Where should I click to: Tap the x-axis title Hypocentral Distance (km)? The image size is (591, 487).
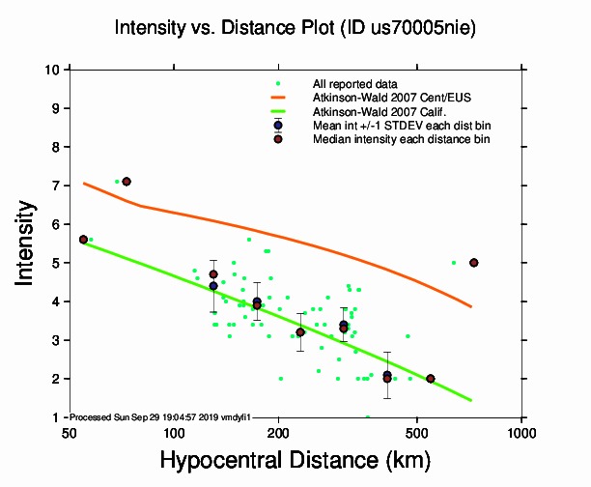tap(295, 462)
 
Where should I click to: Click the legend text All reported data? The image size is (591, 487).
tap(354, 85)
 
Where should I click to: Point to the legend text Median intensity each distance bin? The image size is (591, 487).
tap(401, 139)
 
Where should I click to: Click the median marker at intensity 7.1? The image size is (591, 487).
tap(127, 182)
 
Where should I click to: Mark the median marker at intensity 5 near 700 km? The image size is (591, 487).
tap(473, 263)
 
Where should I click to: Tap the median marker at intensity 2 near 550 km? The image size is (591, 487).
tap(431, 379)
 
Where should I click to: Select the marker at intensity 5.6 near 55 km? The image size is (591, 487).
tap(83, 240)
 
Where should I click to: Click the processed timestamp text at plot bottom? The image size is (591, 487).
tap(160, 416)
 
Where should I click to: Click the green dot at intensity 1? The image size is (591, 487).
tap(367, 417)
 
